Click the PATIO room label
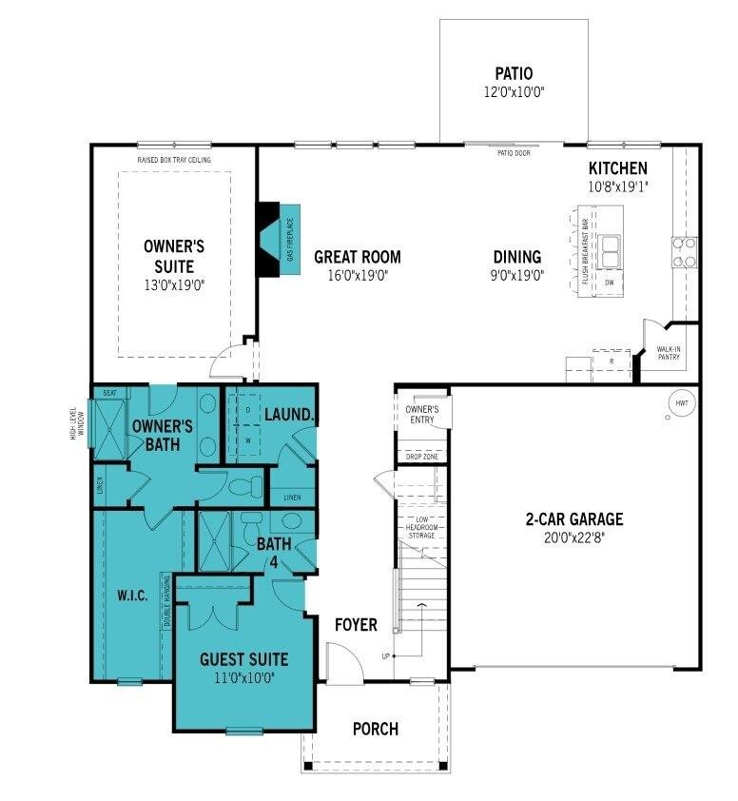pyautogui.click(x=514, y=73)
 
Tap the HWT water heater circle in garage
pyautogui.click(x=681, y=403)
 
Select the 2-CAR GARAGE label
pyautogui.click(x=573, y=519)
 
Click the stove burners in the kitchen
pyautogui.click(x=684, y=251)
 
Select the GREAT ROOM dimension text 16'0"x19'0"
pyautogui.click(x=357, y=275)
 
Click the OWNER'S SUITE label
pyautogui.click(x=174, y=256)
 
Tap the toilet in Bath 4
pyautogui.click(x=250, y=522)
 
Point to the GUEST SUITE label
pyautogui.click(x=243, y=658)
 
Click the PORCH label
pyautogui.click(x=375, y=730)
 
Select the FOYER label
pyautogui.click(x=356, y=625)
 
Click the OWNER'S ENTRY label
pyautogui.click(x=421, y=414)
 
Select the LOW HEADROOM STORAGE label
pyautogui.click(x=421, y=527)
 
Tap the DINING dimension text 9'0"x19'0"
pyautogui.click(x=517, y=275)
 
